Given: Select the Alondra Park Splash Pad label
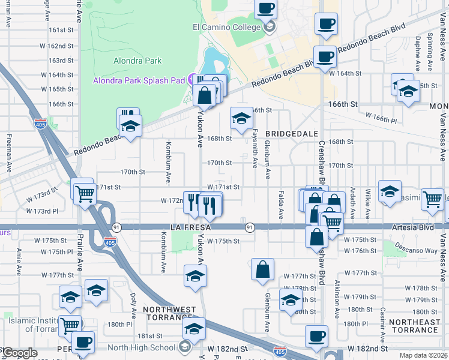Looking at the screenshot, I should click(x=139, y=81).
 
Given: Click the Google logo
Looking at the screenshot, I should click(x=19, y=353).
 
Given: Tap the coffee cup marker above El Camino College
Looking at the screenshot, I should click(x=265, y=8).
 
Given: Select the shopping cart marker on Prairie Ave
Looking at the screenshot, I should click(x=85, y=193).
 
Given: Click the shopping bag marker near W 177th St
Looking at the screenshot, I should click(x=263, y=269).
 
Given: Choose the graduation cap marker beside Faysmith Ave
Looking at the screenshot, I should click(x=241, y=117).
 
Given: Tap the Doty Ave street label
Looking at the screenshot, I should click(x=133, y=305).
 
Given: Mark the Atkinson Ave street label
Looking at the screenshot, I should click(x=337, y=299).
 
